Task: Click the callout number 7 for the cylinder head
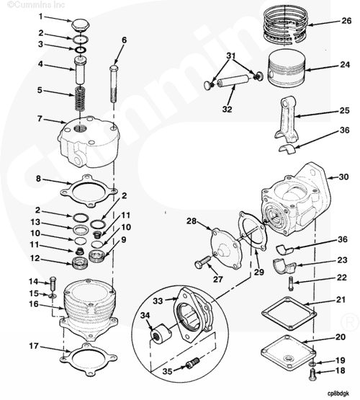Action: point(41,119)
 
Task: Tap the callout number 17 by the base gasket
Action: point(34,346)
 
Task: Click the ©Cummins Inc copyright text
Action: point(26,4)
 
